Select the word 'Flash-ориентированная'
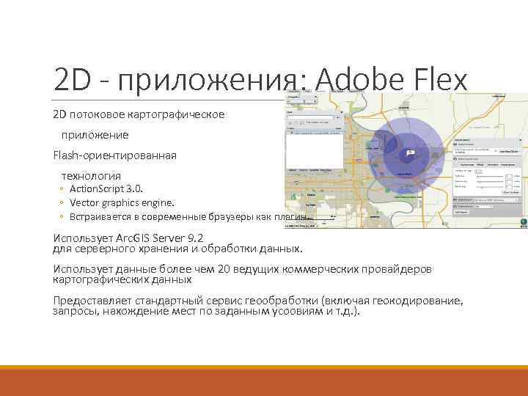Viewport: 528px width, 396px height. tap(114, 155)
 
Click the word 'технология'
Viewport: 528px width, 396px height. tap(91, 176)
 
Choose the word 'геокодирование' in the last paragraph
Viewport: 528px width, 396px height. tap(420, 301)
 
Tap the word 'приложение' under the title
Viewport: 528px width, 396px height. tap(95, 135)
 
